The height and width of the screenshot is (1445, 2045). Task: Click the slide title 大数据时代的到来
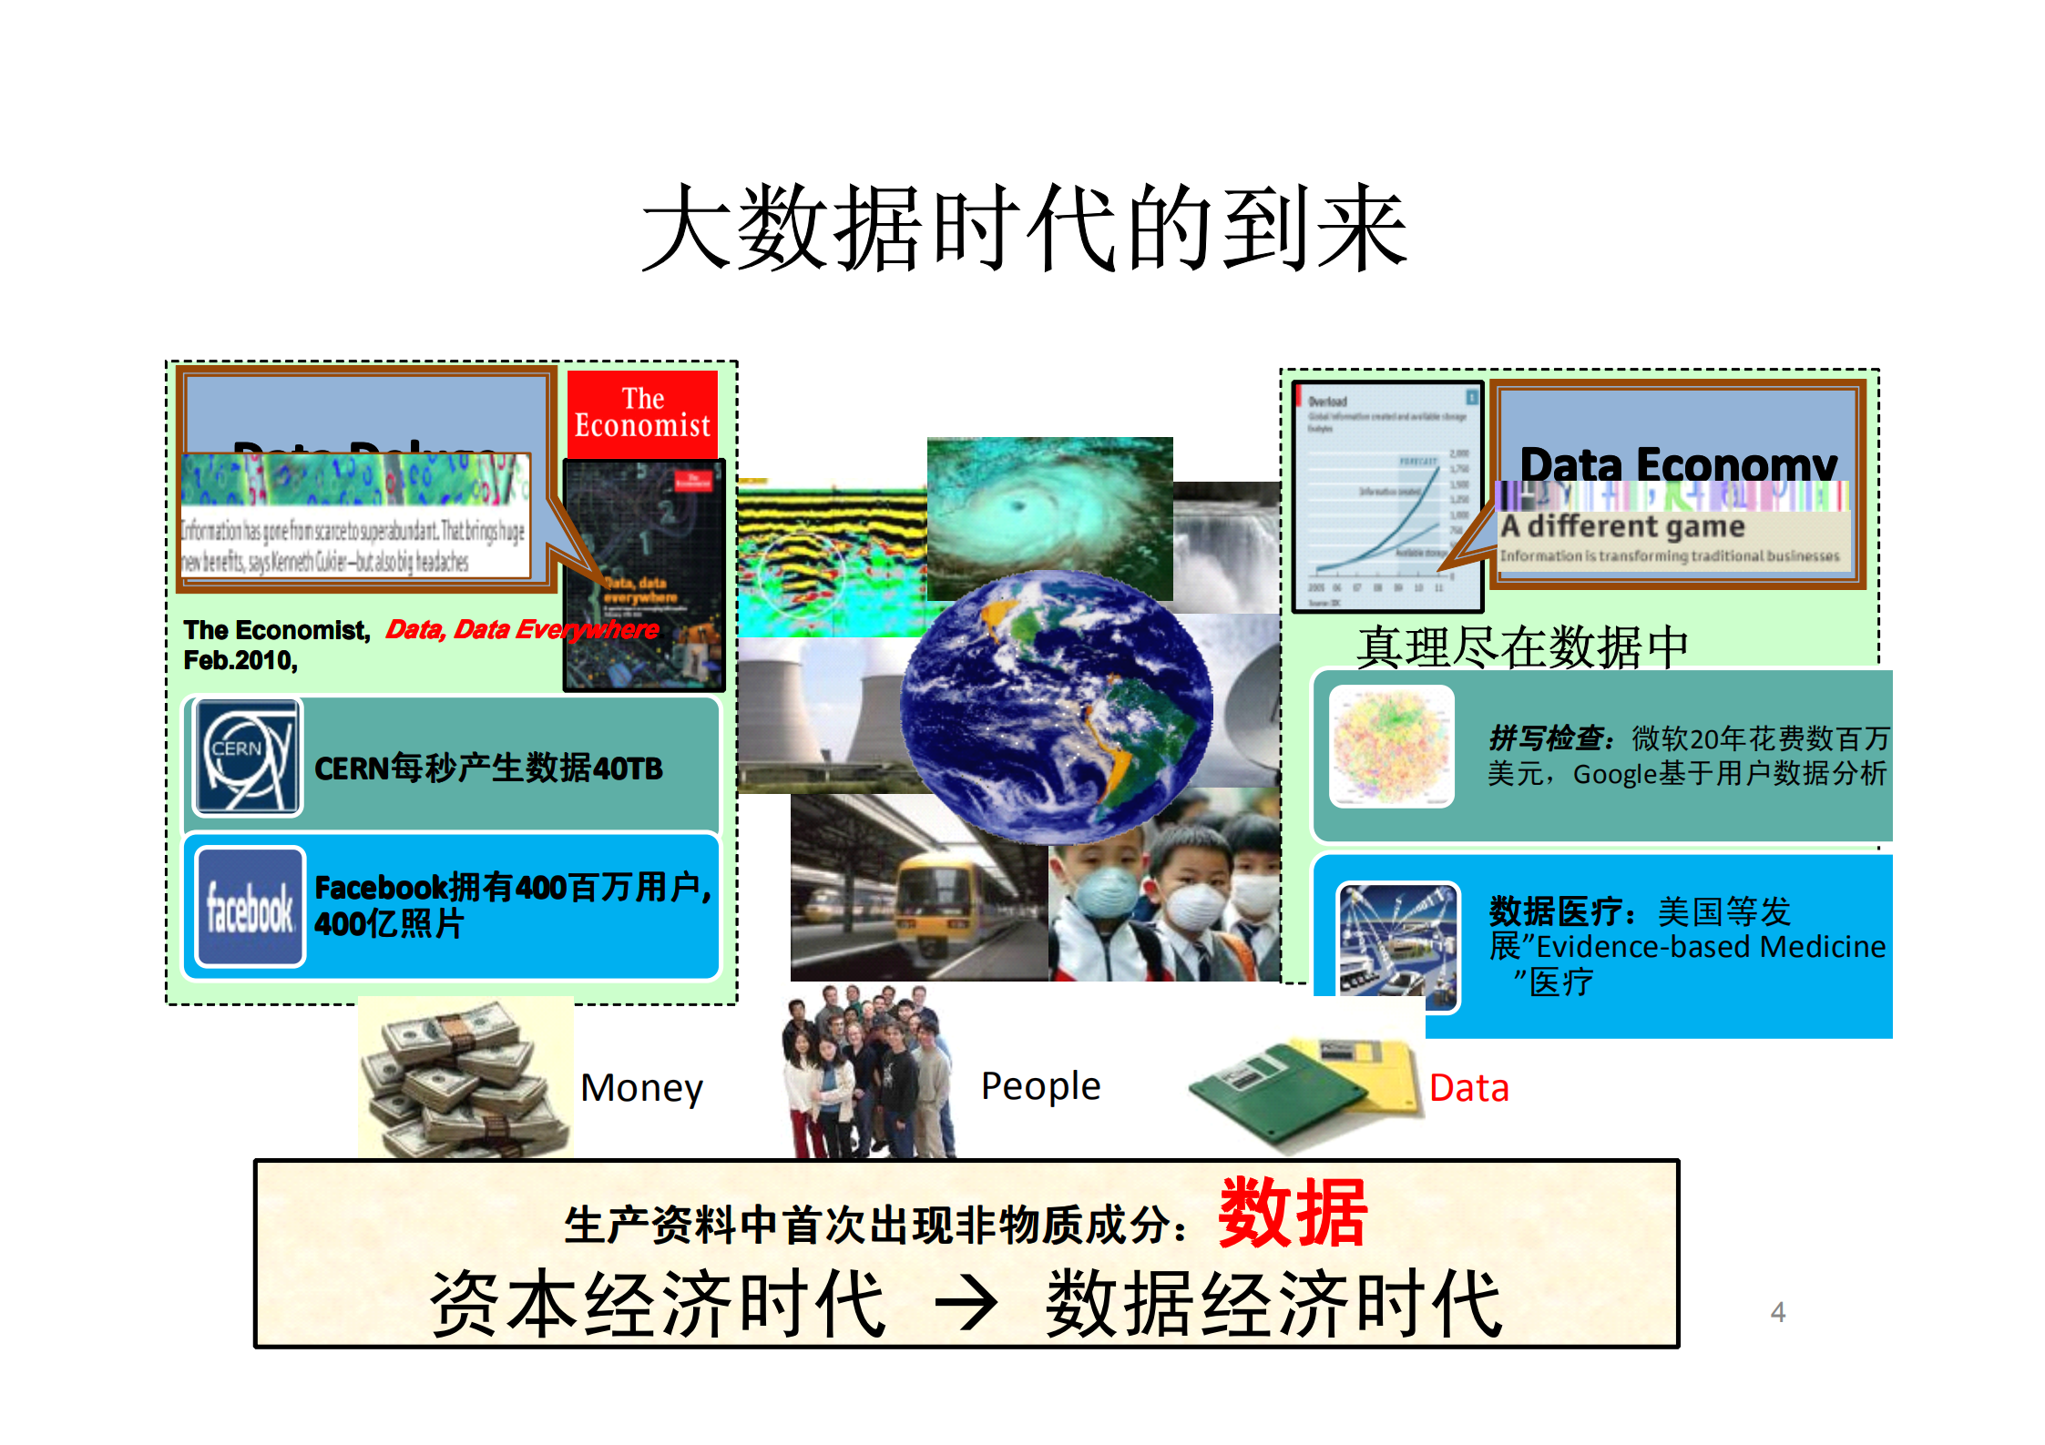click(x=1024, y=228)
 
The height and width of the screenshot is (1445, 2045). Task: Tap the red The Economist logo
click(x=642, y=413)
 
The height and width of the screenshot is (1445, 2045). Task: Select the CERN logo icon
click(x=247, y=757)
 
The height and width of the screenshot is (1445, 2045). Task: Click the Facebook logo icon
click(x=250, y=907)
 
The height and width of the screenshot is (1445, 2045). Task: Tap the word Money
click(x=641, y=1088)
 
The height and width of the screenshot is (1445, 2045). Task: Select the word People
click(x=1040, y=1086)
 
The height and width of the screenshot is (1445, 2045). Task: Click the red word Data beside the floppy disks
click(x=1468, y=1088)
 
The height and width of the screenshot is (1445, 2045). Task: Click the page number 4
click(x=1777, y=1312)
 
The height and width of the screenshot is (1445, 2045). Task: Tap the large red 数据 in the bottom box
click(x=1293, y=1214)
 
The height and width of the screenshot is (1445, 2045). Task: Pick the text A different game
click(x=1622, y=526)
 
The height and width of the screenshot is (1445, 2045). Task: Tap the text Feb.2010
click(x=240, y=660)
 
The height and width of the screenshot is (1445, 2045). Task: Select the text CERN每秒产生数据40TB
click(x=488, y=768)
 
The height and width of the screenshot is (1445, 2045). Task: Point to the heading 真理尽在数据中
click(x=1522, y=646)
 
